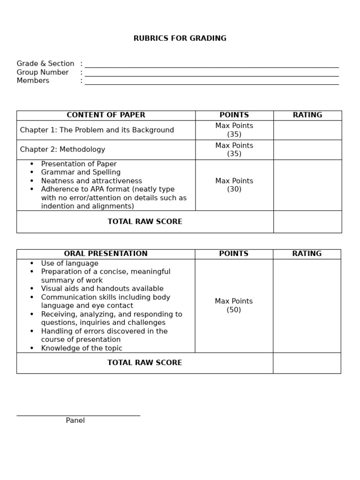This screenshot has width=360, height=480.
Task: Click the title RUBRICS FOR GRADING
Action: coord(180,38)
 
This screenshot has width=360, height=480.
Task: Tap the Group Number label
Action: coord(43,72)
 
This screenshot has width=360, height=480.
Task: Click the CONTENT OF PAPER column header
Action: coord(106,115)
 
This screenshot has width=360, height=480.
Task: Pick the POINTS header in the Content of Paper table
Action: coord(234,115)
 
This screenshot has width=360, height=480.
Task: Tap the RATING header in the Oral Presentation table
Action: coord(307,254)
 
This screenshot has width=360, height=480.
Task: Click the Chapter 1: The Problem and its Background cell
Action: coord(97,130)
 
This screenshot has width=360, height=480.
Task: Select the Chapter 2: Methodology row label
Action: coord(63,150)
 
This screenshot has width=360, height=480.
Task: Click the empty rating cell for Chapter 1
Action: coord(307,130)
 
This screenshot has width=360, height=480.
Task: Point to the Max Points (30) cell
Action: coord(234,185)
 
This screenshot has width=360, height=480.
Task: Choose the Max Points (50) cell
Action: coord(233,305)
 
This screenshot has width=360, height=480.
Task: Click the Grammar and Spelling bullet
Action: coord(81,172)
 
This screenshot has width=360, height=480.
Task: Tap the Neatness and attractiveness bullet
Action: coord(91,181)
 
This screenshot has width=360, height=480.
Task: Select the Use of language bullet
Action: coord(69,263)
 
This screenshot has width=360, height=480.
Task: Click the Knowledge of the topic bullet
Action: coord(82,348)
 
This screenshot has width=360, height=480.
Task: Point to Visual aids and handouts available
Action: coord(102,289)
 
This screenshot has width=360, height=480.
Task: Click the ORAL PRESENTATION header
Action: coord(106,254)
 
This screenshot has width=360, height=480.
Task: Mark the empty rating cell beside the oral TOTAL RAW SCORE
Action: coord(307,363)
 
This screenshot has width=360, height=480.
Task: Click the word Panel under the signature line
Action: coord(75,420)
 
